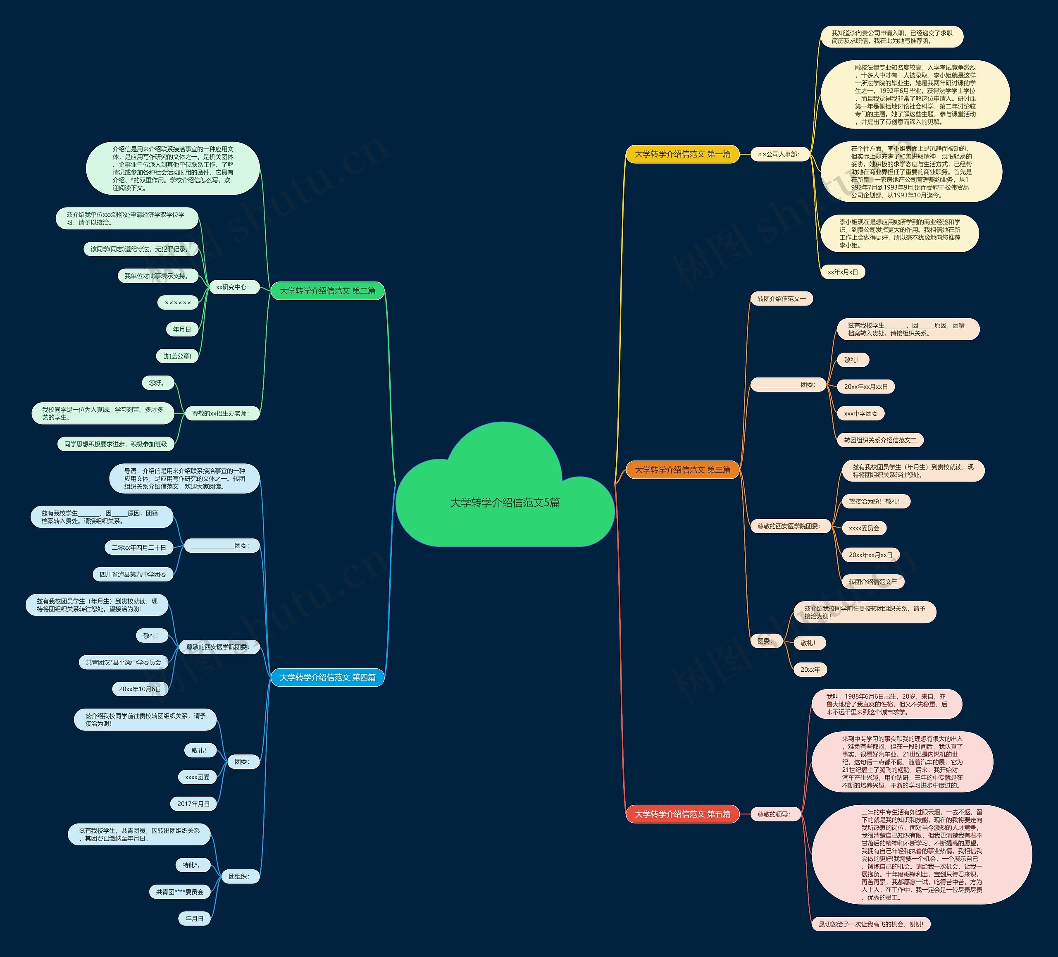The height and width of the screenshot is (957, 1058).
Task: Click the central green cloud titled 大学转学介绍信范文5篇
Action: [505, 502]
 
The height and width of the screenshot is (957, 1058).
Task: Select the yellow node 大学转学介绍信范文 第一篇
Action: [682, 154]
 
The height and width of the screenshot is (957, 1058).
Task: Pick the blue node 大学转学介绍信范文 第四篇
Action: [327, 677]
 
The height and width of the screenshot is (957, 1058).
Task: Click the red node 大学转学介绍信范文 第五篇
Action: [682, 814]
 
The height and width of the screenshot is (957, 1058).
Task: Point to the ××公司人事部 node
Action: [778, 154]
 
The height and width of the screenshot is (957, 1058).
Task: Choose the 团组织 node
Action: [240, 876]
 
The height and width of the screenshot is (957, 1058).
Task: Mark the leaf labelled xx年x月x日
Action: [843, 272]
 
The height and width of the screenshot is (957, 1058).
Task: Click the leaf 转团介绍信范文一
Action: [782, 299]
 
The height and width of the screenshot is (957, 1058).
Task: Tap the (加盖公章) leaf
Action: [177, 356]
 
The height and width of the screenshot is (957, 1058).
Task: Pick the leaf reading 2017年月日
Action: [193, 804]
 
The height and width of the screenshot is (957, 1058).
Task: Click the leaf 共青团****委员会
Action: [179, 891]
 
